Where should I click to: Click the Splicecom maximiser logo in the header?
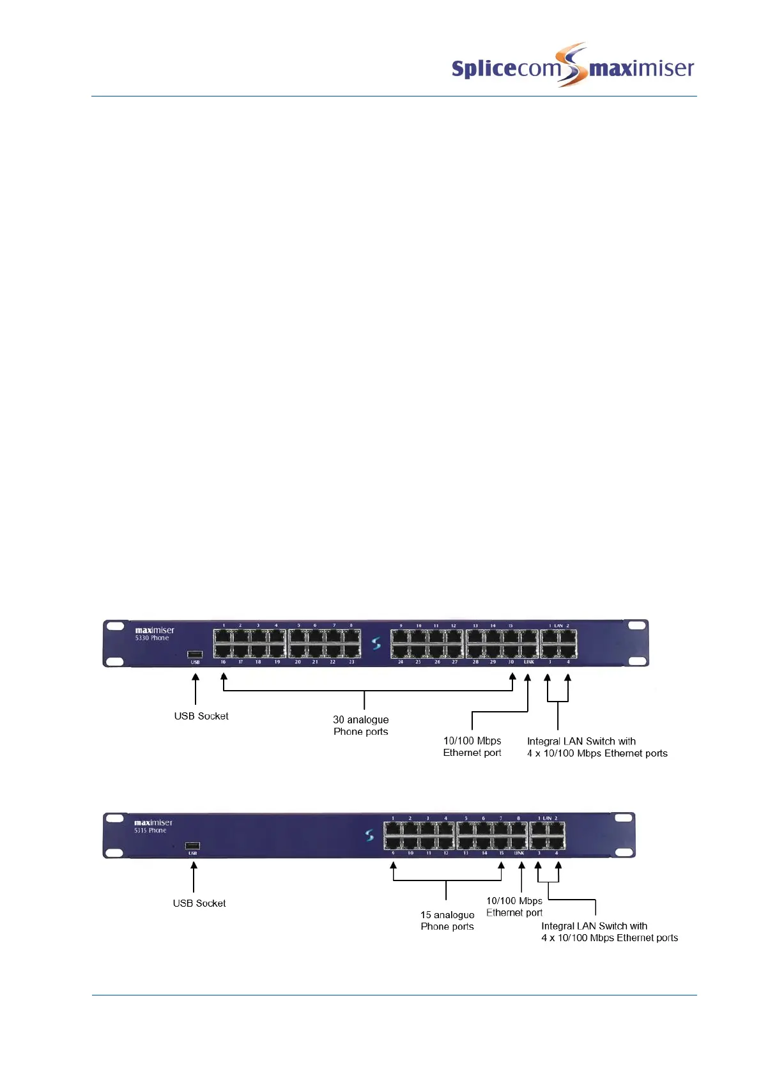[x=573, y=66]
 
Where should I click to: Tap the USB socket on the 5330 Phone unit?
[x=195, y=654]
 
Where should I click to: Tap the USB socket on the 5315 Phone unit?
[x=192, y=846]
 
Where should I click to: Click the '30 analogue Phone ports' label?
[x=361, y=726]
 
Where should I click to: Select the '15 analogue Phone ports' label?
[x=447, y=921]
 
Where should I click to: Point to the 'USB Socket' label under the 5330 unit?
[x=201, y=716]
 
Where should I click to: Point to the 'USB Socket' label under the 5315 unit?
[x=199, y=903]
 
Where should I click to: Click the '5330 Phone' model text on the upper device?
[x=152, y=638]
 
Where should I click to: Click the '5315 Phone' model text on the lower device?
[x=150, y=831]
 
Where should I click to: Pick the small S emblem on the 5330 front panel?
[x=376, y=643]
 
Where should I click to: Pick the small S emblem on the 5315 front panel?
[x=369, y=835]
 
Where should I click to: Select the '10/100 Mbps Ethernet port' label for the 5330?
[x=472, y=747]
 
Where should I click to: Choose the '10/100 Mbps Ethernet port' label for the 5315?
[x=514, y=907]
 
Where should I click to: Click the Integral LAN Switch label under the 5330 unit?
[x=597, y=748]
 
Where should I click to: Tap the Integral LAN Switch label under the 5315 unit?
[x=609, y=932]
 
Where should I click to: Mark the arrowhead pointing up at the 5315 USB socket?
[x=194, y=866]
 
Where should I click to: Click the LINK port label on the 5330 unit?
[x=529, y=663]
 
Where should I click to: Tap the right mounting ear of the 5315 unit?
[x=624, y=835]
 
